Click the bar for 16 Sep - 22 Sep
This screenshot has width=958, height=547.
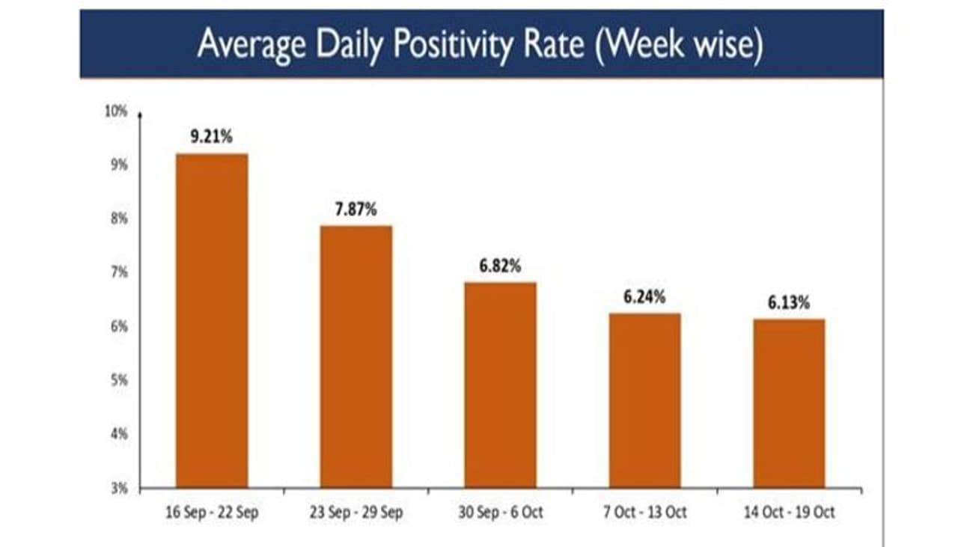coord(212,320)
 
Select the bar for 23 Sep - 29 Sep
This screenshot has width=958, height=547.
coord(356,356)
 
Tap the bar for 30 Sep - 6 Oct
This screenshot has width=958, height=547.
coord(500,385)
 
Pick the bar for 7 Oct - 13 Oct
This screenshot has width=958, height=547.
coord(644,400)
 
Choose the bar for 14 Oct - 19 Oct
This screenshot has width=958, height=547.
coord(789,403)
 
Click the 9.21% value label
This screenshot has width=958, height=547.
coord(212,138)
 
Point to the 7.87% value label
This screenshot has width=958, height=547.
coord(356,210)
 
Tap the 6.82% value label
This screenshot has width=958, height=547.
coord(500,266)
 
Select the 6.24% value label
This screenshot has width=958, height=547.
coord(644,297)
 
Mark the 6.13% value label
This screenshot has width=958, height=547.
coord(789,303)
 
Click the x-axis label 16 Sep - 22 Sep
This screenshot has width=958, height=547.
coord(212,513)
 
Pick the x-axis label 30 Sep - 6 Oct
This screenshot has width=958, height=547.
coord(500,513)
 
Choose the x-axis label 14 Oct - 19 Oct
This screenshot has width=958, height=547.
coord(789,513)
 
